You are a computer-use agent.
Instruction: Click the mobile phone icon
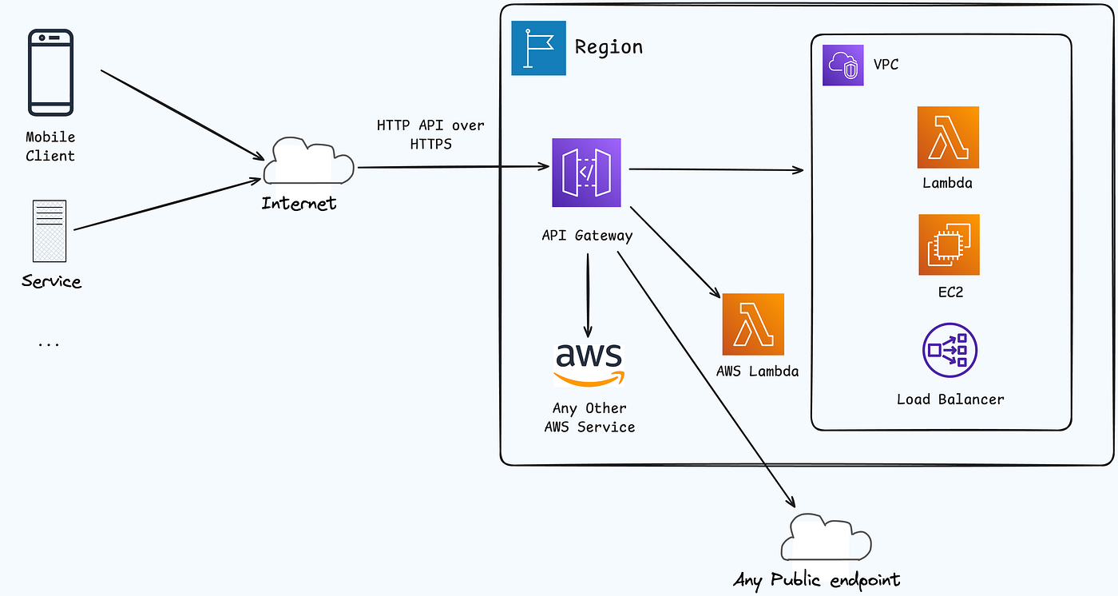(x=51, y=73)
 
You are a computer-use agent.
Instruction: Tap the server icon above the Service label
(x=50, y=231)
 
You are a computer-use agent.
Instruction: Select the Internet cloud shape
(x=308, y=161)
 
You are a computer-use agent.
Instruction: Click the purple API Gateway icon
(x=586, y=173)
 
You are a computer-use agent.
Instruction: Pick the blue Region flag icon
(x=538, y=48)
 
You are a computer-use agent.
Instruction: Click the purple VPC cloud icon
(x=843, y=65)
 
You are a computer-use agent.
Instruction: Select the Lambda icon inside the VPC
(x=949, y=137)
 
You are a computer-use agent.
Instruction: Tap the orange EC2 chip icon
(x=950, y=244)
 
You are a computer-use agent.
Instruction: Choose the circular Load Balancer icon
(x=950, y=350)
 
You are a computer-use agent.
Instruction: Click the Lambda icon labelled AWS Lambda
(x=753, y=324)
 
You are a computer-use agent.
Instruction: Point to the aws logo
(x=589, y=365)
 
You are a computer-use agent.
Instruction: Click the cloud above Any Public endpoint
(x=826, y=537)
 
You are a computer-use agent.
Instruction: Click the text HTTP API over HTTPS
(x=430, y=134)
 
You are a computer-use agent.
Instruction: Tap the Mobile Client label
(x=50, y=146)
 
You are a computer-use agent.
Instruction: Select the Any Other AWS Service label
(x=589, y=417)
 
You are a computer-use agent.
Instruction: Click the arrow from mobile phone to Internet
(x=182, y=115)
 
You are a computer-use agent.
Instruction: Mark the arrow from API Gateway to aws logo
(x=588, y=296)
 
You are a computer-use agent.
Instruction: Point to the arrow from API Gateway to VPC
(x=716, y=169)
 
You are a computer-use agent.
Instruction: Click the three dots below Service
(x=49, y=344)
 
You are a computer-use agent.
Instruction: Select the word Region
(x=609, y=47)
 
